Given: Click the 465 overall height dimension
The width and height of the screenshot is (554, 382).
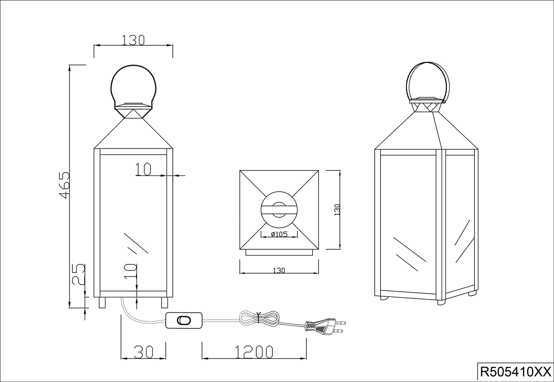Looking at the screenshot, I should [x=64, y=185].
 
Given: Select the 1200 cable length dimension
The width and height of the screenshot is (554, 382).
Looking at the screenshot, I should [x=254, y=352].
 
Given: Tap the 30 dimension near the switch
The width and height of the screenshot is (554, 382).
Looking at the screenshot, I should [x=143, y=352].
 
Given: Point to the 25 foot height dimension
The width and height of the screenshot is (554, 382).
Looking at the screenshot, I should [x=79, y=274].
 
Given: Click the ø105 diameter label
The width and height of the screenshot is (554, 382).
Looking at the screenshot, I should [x=279, y=234].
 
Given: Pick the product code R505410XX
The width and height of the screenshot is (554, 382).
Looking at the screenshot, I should [x=515, y=372].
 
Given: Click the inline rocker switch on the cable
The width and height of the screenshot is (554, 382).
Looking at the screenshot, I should [x=184, y=320].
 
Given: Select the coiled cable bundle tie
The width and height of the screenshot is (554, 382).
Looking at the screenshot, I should [x=259, y=318].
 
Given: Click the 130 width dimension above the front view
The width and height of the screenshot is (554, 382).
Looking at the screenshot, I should [x=133, y=40].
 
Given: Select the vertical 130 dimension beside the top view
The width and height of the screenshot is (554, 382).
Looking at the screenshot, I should [x=337, y=210].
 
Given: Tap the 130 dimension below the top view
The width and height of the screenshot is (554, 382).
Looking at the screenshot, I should [x=279, y=270].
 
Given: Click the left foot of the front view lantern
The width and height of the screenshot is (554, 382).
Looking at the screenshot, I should [x=102, y=302].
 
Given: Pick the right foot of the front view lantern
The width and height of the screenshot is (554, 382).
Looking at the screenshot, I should [x=165, y=302].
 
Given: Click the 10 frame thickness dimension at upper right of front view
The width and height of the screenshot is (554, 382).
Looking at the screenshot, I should [x=143, y=169].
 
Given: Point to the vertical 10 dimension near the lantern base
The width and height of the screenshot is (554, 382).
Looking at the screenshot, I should [x=131, y=271].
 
